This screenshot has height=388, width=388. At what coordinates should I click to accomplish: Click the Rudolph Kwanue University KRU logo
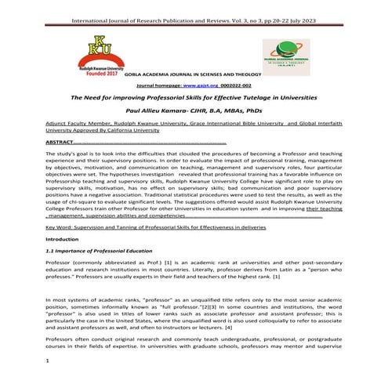(100, 49)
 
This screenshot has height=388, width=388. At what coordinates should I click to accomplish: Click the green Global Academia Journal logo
(285, 56)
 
